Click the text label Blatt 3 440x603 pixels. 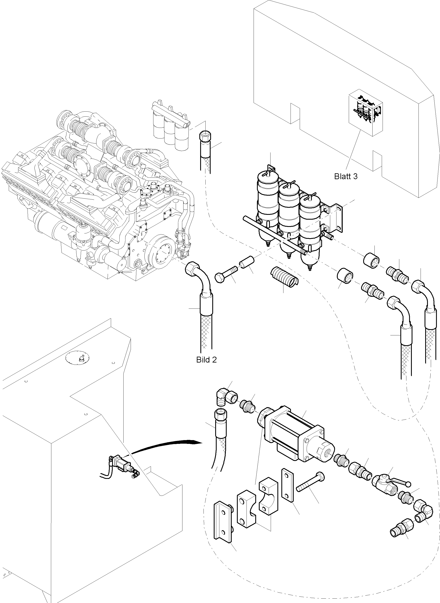pos(345,176)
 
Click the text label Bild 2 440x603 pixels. pos(206,360)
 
